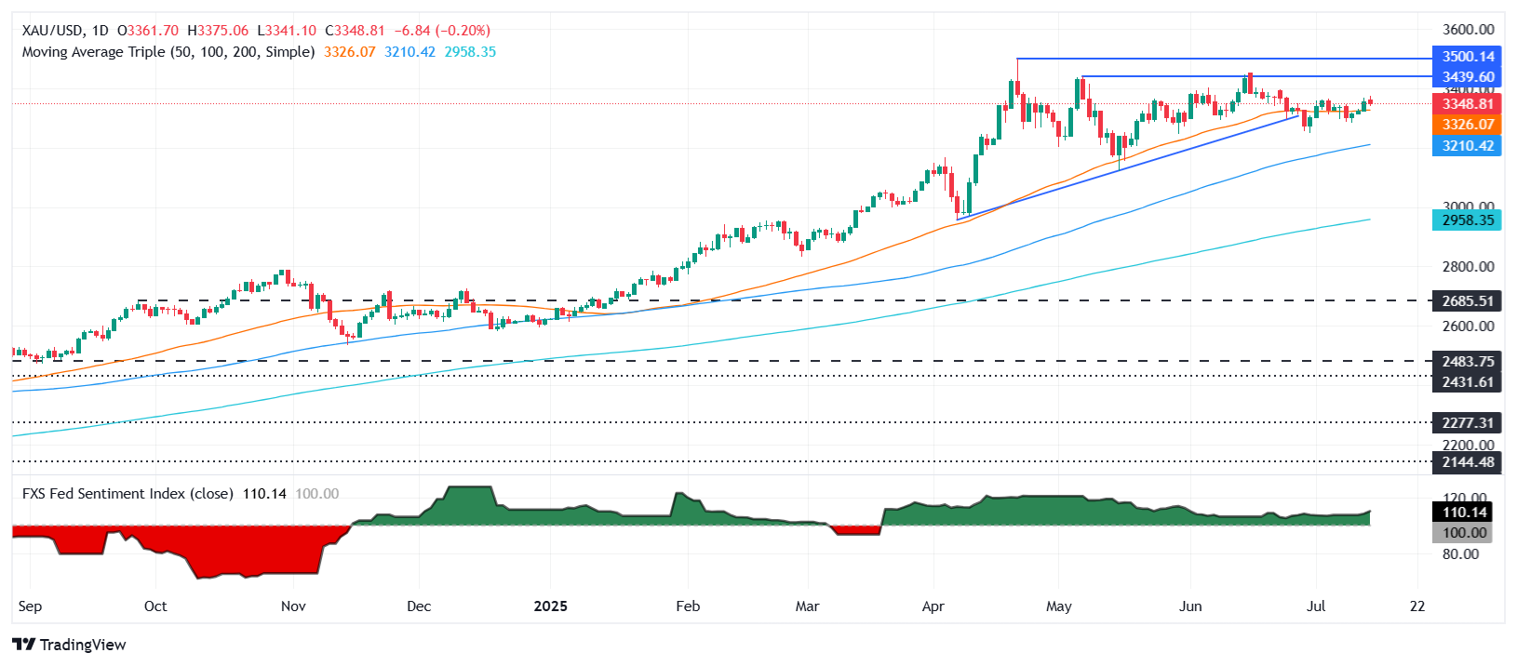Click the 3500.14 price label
1468,57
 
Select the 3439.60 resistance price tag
1468,77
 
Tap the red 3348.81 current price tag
1468,104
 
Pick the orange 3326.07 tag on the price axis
1468,125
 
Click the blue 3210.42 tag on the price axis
1468,146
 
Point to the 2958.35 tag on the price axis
1468,220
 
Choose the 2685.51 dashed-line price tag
1468,300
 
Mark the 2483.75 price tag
1468,362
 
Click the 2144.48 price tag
1468,461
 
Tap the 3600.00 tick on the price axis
1468,30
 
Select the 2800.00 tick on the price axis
1468,267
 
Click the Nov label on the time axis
293,606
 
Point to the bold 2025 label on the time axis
550,606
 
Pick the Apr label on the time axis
933,606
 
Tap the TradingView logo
69,645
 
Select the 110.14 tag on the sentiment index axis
1464,513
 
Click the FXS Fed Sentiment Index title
128,494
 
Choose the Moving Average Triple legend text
168,52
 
